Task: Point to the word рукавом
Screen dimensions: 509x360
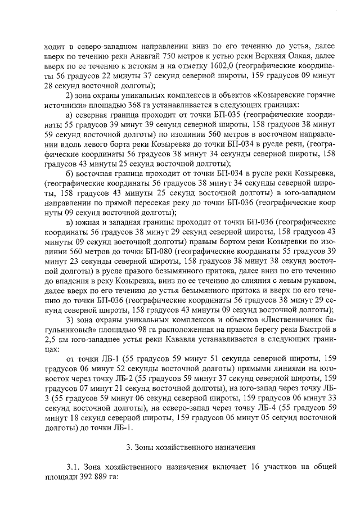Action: pyautogui.click(x=321, y=280)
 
